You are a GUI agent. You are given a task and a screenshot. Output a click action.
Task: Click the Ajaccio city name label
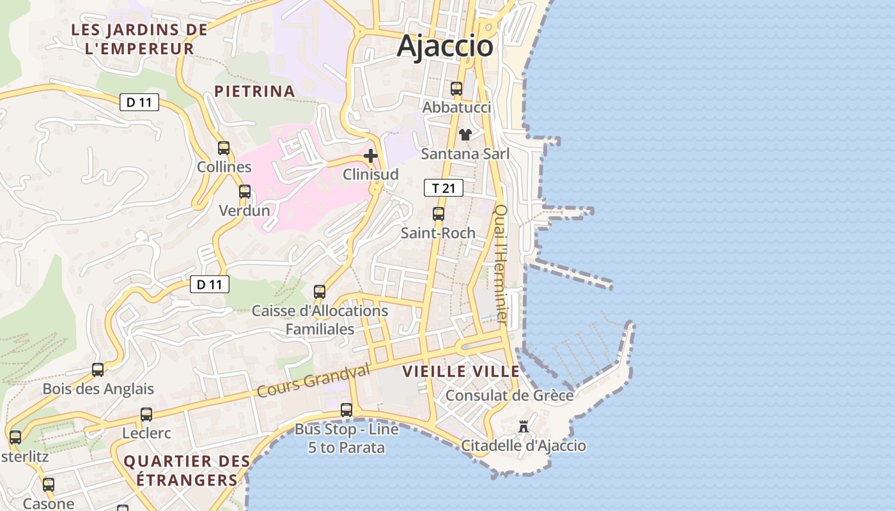pyautogui.click(x=446, y=46)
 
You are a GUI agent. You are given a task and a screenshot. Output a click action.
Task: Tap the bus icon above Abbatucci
pyautogui.click(x=456, y=89)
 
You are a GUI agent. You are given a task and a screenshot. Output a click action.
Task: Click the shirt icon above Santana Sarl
pyautogui.click(x=465, y=135)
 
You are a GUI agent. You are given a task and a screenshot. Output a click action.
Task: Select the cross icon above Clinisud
pyautogui.click(x=371, y=156)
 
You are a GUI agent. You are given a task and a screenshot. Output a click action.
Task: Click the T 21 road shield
pyautogui.click(x=443, y=188)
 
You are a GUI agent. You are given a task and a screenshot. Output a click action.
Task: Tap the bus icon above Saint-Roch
pyautogui.click(x=439, y=214)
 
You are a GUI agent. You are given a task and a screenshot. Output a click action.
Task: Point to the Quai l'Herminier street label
pyautogui.click(x=501, y=264)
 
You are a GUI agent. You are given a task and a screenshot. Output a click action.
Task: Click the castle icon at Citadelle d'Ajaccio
pyautogui.click(x=524, y=427)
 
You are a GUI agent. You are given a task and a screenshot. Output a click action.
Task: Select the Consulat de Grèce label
pyautogui.click(x=510, y=395)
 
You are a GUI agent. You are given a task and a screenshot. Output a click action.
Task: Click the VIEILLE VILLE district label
pyautogui.click(x=461, y=371)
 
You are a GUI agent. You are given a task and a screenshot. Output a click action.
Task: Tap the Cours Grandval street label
pyautogui.click(x=314, y=381)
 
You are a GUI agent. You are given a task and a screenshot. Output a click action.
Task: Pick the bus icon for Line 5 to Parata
pyautogui.click(x=346, y=410)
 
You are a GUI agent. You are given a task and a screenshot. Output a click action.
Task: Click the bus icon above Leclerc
pyautogui.click(x=146, y=415)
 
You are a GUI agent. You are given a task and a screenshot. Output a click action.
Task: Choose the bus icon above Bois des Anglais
pyautogui.click(x=98, y=370)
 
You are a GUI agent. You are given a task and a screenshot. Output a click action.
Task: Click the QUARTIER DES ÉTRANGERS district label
pyautogui.click(x=186, y=470)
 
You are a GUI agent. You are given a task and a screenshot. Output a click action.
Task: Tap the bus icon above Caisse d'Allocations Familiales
pyautogui.click(x=320, y=292)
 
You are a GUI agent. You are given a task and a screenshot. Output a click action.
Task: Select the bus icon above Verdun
pyautogui.click(x=245, y=192)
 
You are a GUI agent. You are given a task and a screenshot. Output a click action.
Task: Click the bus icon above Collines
pyautogui.click(x=224, y=148)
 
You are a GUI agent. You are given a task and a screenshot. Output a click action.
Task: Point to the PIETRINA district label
pyautogui.click(x=254, y=91)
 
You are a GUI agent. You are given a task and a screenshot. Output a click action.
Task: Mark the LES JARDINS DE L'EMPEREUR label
pyautogui.click(x=139, y=39)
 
